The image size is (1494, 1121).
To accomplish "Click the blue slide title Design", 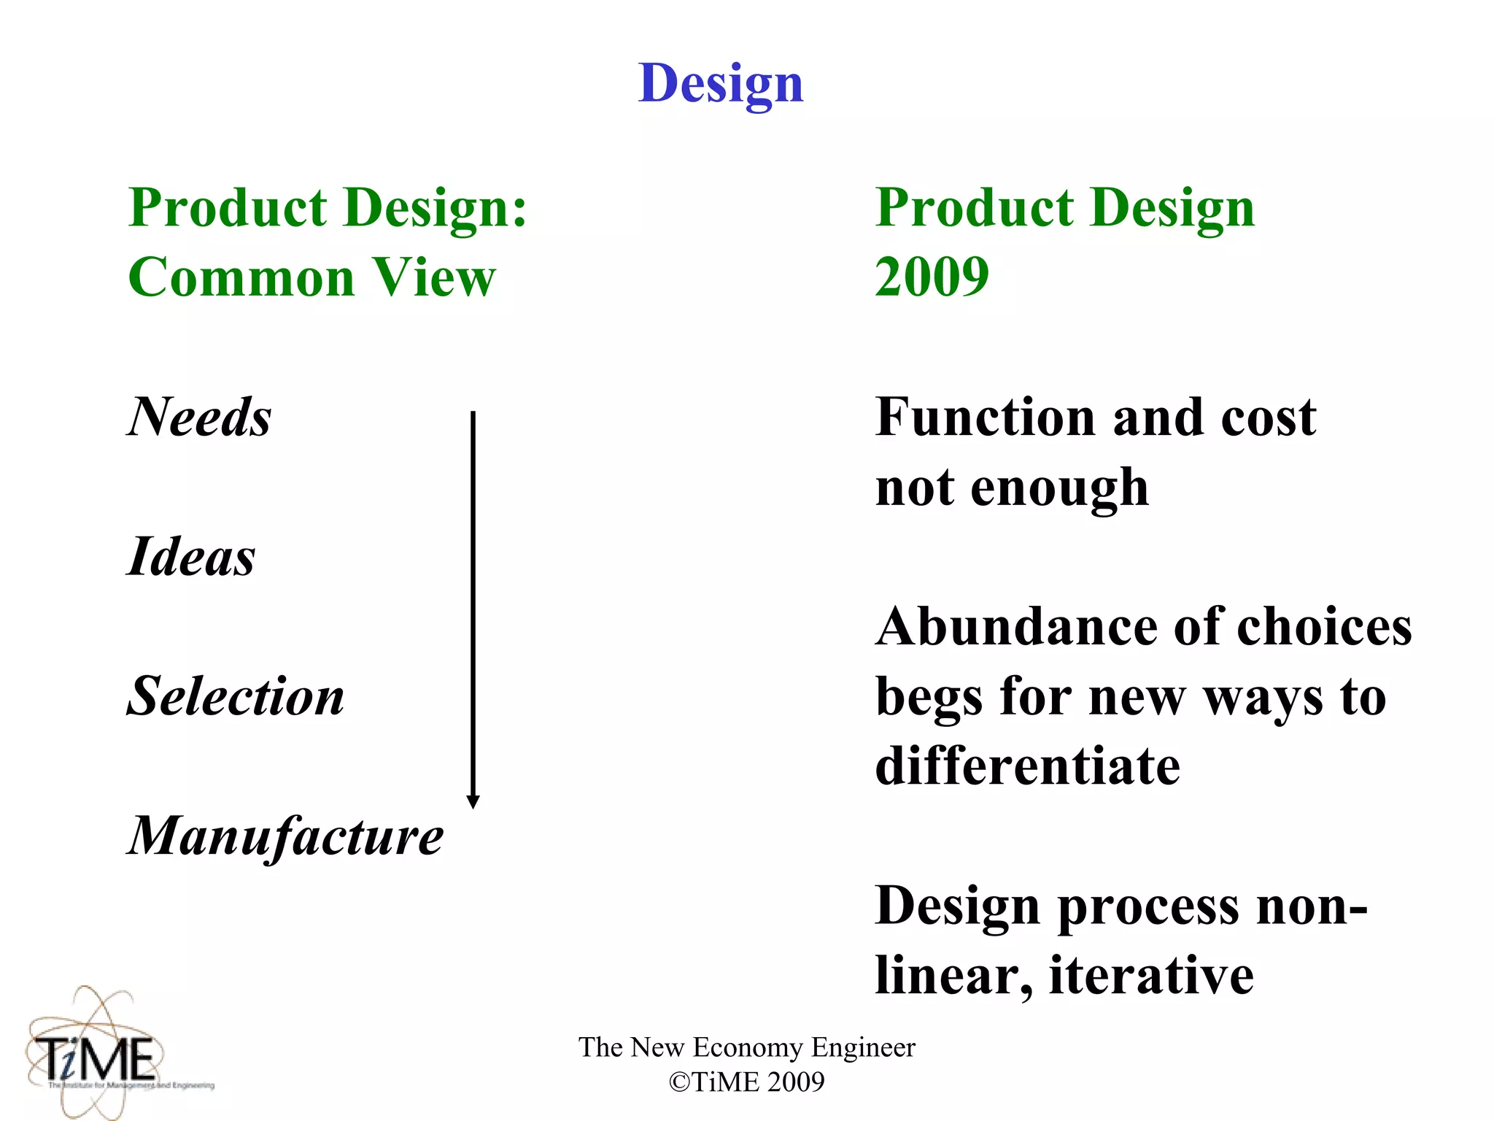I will [721, 83].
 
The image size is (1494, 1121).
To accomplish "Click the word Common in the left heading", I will [241, 277].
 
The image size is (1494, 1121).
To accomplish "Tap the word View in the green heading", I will [435, 277].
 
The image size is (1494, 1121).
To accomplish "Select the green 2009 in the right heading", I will [932, 277].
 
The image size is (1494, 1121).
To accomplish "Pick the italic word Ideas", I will [191, 557].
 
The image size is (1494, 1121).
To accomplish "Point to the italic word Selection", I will [236, 696].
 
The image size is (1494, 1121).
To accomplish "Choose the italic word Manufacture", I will [285, 836].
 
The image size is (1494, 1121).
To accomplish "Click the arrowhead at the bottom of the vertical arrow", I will [473, 801].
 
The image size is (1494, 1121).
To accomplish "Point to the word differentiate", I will [1027, 766].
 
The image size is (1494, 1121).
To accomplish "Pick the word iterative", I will [1151, 976].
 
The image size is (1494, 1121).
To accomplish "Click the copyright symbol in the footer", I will [679, 1082].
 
